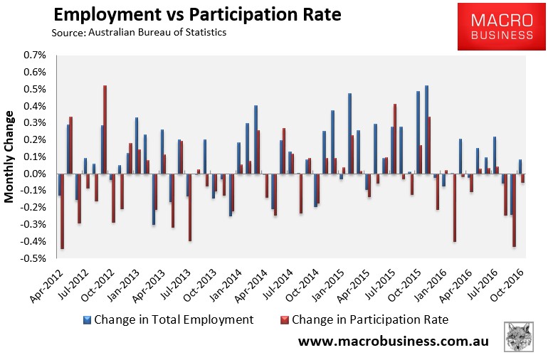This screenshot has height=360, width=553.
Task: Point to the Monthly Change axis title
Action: pyautogui.click(x=10, y=157)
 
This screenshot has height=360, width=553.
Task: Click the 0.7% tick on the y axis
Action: pyautogui.click(x=36, y=55)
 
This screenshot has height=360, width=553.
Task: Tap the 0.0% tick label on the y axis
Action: pyautogui.click(x=36, y=174)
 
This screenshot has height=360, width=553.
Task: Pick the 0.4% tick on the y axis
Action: pyautogui.click(x=36, y=107)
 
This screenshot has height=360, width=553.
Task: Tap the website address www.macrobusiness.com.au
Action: pyautogui.click(x=393, y=342)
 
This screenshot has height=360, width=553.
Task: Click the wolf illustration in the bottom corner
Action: pyautogui.click(x=522, y=337)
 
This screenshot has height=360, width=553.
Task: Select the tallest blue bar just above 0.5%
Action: pyautogui.click(x=426, y=129)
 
